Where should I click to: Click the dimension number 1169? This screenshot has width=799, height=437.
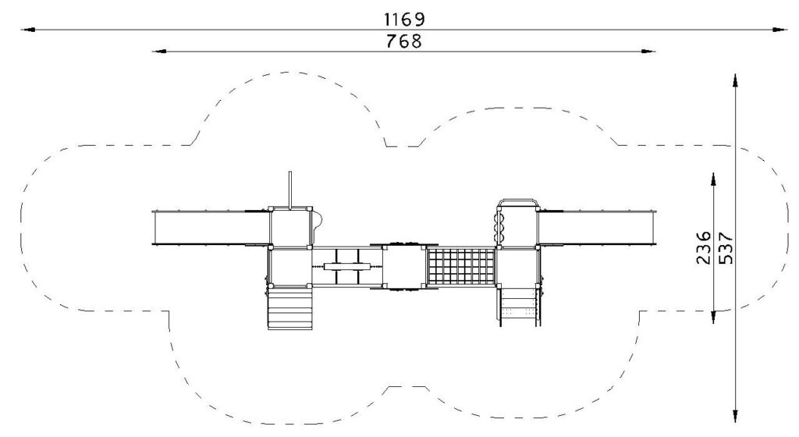click(x=404, y=20)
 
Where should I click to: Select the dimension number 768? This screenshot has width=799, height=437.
click(x=404, y=41)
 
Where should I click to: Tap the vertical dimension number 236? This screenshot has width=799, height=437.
click(x=703, y=247)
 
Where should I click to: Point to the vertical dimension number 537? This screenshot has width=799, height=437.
click(x=725, y=248)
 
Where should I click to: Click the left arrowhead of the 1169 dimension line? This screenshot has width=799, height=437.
click(x=27, y=30)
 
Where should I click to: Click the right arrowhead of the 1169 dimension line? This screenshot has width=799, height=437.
click(x=780, y=30)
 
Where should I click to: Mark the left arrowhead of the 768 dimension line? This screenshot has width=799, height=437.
click(x=159, y=51)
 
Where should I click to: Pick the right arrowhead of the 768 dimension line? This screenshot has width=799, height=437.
click(x=648, y=51)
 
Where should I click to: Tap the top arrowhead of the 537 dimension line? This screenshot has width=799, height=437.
click(x=735, y=81)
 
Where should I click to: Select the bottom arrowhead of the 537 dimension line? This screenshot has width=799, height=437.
click(x=735, y=416)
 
